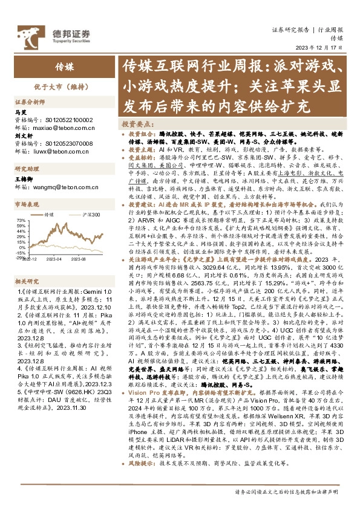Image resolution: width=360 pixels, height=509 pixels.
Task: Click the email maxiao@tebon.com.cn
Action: point(53,128)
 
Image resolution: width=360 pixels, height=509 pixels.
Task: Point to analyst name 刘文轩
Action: point(22,137)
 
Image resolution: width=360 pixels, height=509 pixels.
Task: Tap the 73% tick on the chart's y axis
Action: point(21,220)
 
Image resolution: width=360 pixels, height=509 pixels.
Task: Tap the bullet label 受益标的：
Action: point(142,155)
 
